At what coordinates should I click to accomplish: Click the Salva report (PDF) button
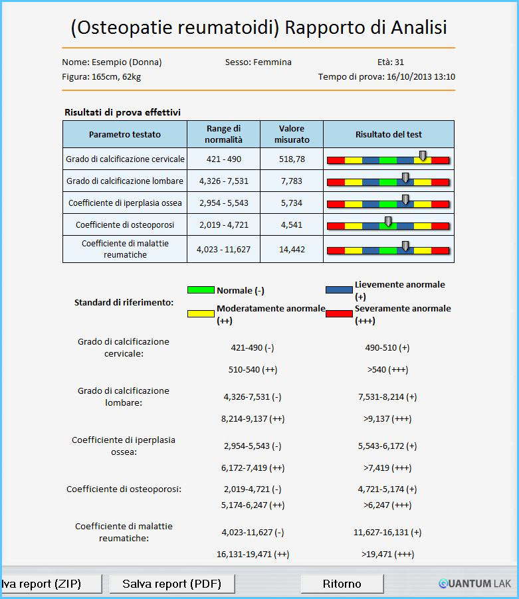(x=172, y=584)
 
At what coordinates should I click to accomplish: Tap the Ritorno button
(x=342, y=584)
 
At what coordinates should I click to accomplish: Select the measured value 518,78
(x=292, y=159)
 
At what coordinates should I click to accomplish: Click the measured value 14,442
(x=292, y=250)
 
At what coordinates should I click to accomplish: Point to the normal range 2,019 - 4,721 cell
(x=223, y=224)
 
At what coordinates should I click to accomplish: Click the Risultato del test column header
(x=389, y=134)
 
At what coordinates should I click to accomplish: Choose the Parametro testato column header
(x=125, y=134)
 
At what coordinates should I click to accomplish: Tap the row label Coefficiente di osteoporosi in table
(x=125, y=224)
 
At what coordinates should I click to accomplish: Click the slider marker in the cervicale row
(x=423, y=156)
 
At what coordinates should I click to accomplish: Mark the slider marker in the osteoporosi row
(x=388, y=222)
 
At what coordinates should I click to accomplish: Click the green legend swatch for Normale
(x=201, y=290)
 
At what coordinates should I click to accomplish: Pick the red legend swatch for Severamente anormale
(x=339, y=313)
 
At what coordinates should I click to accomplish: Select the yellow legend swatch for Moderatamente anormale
(x=201, y=313)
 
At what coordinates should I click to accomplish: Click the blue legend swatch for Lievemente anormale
(x=339, y=290)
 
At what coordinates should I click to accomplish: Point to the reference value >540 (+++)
(x=388, y=370)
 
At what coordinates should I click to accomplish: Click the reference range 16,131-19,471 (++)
(x=253, y=555)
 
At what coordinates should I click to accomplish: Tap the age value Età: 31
(x=391, y=62)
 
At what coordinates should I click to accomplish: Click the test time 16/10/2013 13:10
(x=421, y=77)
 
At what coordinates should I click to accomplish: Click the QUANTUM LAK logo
(x=474, y=584)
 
